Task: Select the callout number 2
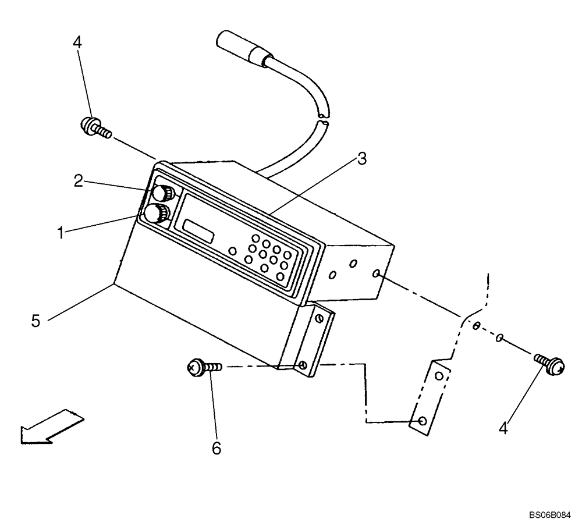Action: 79,181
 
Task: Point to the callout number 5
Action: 36,321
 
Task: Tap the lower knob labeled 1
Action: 156,214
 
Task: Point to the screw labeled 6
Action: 204,367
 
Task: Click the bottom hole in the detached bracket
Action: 423,421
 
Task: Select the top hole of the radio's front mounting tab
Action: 318,318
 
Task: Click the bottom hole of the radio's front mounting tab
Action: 302,365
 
